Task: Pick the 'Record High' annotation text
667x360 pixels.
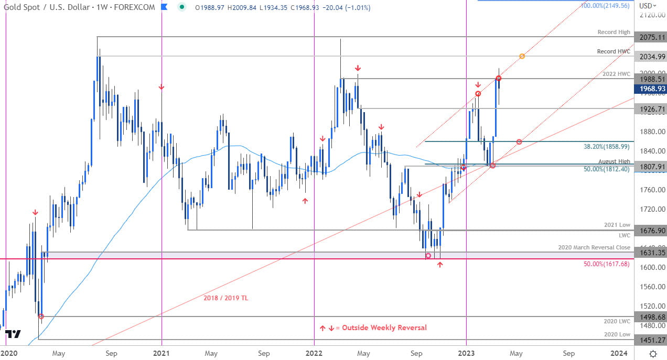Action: tap(614, 32)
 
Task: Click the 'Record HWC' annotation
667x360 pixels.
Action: tap(614, 52)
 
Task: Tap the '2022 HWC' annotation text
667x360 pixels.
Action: tap(616, 74)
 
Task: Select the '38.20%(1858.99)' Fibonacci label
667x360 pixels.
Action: tap(607, 147)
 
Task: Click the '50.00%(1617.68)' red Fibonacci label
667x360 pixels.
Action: tap(606, 264)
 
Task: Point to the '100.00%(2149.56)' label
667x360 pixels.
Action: tap(605, 6)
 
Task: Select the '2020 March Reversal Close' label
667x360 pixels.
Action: tap(594, 247)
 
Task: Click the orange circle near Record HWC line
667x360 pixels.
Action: tap(522, 56)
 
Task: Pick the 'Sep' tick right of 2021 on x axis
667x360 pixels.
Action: tap(264, 353)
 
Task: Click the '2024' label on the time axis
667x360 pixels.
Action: tap(619, 353)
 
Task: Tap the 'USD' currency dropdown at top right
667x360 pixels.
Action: tap(648, 6)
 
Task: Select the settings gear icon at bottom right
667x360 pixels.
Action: tap(653, 353)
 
